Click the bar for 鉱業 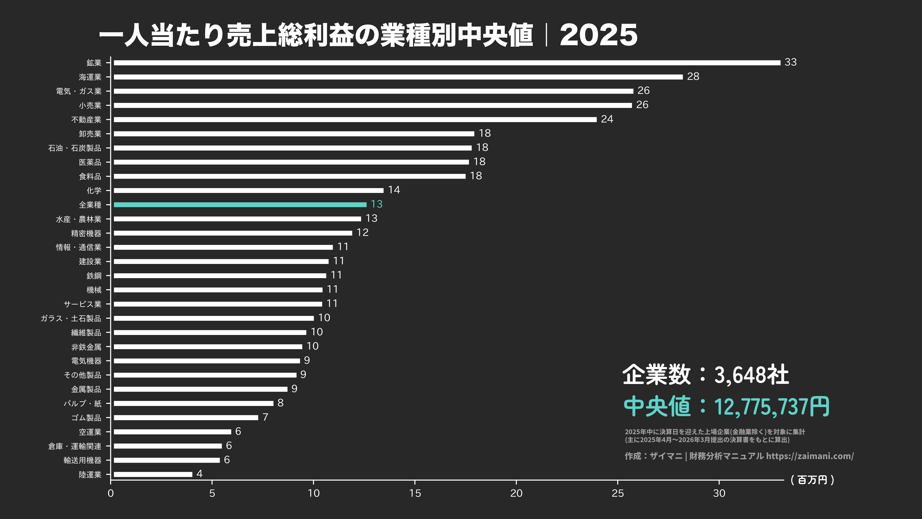447,63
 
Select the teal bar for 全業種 240,205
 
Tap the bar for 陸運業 153,474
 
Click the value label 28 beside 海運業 693,77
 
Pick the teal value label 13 377,204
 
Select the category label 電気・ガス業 79,91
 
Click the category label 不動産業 86,120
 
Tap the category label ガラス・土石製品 71,318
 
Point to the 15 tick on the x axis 415,493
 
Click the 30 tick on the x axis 719,493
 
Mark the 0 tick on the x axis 111,493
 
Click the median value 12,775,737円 771,407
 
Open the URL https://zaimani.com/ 810,456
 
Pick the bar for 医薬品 291,162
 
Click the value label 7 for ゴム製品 265,417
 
